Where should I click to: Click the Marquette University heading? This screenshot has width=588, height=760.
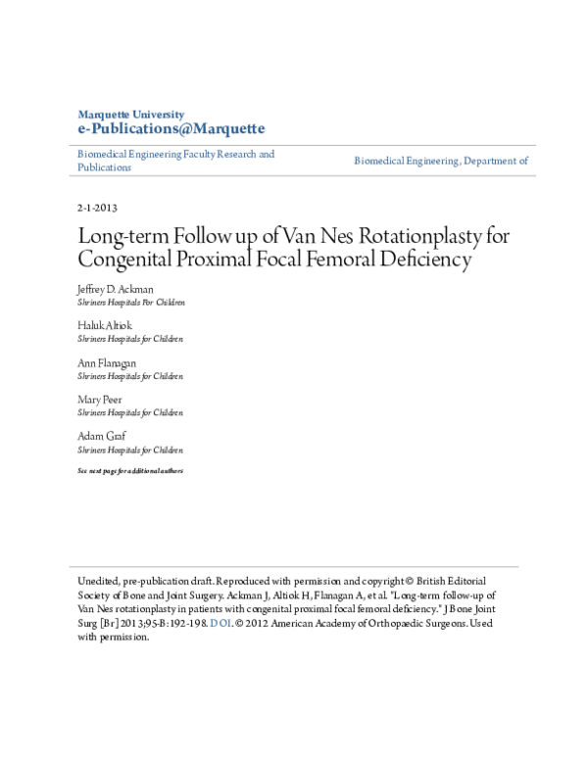129,115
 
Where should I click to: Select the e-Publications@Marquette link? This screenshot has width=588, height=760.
171,129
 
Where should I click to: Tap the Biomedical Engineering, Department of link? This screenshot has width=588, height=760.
441,161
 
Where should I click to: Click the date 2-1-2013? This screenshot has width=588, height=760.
97,208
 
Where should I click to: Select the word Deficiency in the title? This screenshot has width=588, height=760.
421,261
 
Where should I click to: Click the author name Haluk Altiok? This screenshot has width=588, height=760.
104,326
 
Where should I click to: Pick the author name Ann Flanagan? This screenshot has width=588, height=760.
106,363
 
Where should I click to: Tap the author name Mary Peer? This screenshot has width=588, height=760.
100,400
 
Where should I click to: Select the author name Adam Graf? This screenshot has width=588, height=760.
101,437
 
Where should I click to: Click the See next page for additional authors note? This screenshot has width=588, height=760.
130,471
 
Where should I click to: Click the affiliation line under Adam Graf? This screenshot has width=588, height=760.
130,451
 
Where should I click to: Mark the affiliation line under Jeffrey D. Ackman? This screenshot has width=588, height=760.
130,304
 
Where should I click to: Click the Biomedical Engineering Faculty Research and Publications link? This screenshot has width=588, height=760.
176,161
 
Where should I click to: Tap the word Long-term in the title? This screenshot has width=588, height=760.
125,236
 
